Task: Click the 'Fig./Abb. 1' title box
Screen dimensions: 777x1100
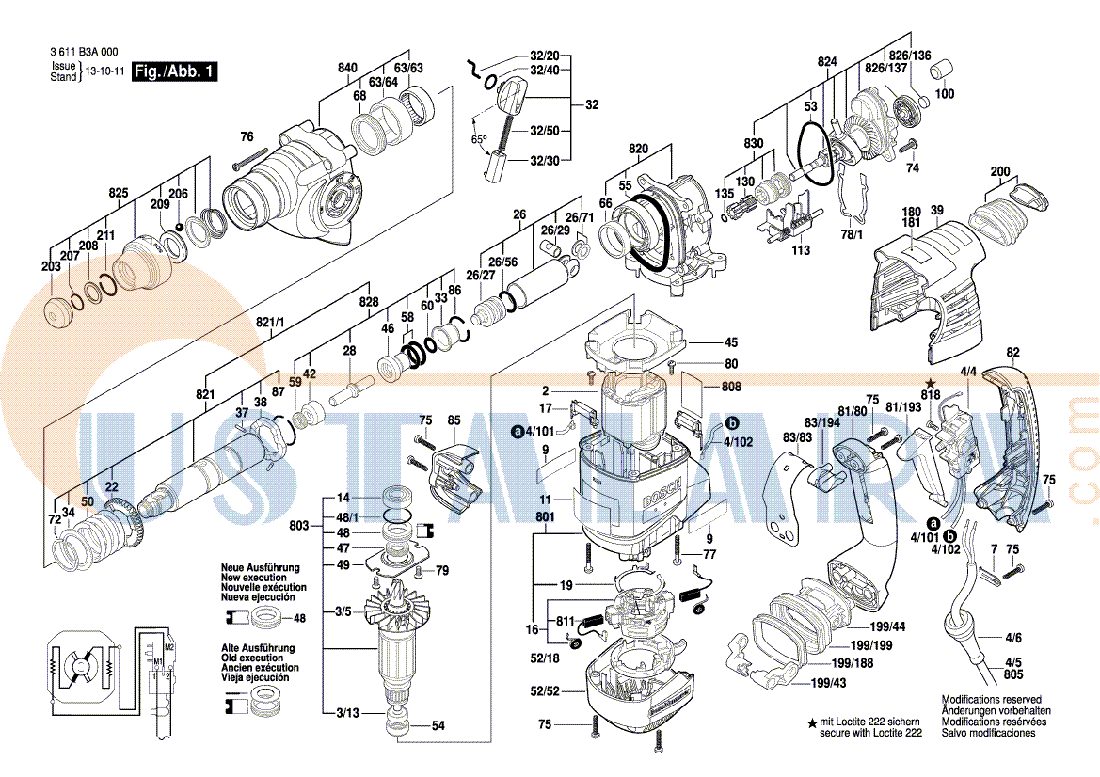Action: pyautogui.click(x=175, y=71)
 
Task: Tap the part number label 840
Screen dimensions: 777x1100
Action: pyautogui.click(x=348, y=68)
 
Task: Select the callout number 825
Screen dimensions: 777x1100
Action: pyautogui.click(x=118, y=193)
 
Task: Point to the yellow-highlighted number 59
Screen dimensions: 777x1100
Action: pyautogui.click(x=295, y=382)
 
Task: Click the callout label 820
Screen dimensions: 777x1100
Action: pyautogui.click(x=639, y=150)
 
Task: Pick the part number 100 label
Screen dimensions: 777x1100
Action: pyautogui.click(x=944, y=94)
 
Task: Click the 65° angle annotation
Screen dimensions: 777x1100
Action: pyautogui.click(x=479, y=140)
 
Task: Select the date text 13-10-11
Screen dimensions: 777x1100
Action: pyautogui.click(x=104, y=71)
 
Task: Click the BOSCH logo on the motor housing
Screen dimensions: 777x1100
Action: pyautogui.click(x=656, y=496)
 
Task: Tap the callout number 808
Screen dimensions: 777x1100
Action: pyautogui.click(x=731, y=386)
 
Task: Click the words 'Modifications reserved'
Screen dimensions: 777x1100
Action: pyautogui.click(x=992, y=700)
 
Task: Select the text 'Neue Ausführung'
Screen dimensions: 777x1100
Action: pyautogui.click(x=261, y=568)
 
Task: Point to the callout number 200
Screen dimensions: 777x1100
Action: pyautogui.click(x=1000, y=171)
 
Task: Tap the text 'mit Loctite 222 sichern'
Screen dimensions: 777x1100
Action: pyautogui.click(x=869, y=721)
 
